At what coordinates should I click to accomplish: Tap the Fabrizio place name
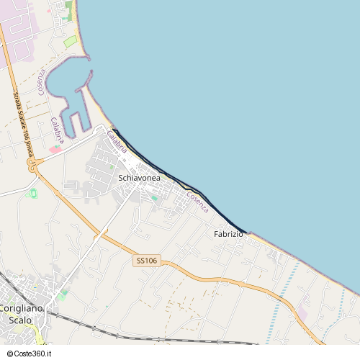pyautogui.click(x=228, y=234)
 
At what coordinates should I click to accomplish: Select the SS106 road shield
pyautogui.click(x=145, y=261)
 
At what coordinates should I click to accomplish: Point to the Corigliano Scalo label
pyautogui.click(x=21, y=313)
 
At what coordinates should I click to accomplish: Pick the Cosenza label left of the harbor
pyautogui.click(x=42, y=82)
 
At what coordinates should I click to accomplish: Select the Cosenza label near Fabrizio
pyautogui.click(x=197, y=202)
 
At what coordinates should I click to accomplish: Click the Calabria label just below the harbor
pyautogui.click(x=58, y=130)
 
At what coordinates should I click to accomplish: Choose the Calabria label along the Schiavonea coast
pyautogui.click(x=117, y=142)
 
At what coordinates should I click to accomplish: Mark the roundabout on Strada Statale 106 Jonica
pyautogui.click(x=32, y=166)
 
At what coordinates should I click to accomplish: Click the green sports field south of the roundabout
pyautogui.click(x=32, y=193)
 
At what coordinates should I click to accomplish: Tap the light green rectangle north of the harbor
pyautogui.click(x=70, y=41)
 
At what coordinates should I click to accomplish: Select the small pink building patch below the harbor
pyautogui.click(x=55, y=148)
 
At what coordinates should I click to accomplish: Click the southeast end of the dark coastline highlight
pyautogui.click(x=246, y=233)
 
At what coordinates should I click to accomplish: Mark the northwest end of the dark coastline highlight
pyautogui.click(x=114, y=130)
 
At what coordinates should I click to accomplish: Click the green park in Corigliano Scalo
pyautogui.click(x=63, y=294)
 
